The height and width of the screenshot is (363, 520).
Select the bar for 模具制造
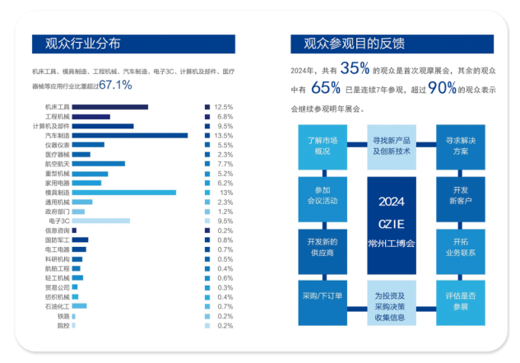(x=123, y=193)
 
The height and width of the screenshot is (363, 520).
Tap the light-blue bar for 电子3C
(x=100, y=221)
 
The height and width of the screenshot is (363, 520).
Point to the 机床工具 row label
(x=58, y=107)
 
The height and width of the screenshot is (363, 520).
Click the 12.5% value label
(x=223, y=107)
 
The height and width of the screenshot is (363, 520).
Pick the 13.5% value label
(x=223, y=135)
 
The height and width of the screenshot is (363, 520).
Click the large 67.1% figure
(x=115, y=84)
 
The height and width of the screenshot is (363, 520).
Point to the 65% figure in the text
(x=326, y=88)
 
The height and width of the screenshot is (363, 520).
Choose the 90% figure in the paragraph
(x=442, y=88)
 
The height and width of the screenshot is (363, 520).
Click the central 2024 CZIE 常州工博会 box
(x=392, y=223)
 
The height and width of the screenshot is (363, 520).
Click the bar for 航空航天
(x=98, y=164)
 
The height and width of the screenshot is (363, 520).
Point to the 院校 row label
(x=63, y=325)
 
